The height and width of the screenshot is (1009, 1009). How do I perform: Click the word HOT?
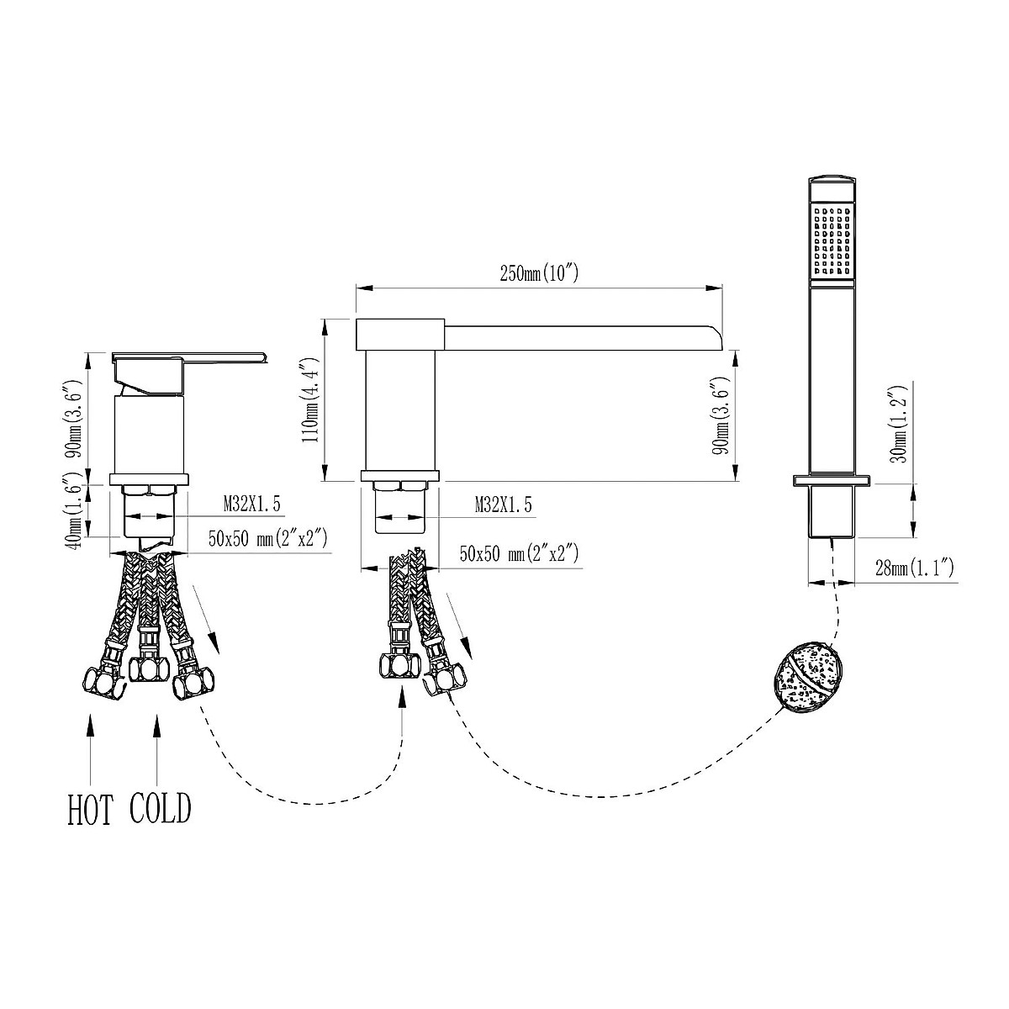pyautogui.click(x=90, y=824)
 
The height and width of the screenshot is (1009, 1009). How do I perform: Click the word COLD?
pyautogui.click(x=161, y=822)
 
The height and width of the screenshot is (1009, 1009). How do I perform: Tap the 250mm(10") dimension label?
pyautogui.click(x=539, y=272)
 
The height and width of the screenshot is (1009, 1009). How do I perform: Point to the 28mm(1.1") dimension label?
pyautogui.click(x=914, y=568)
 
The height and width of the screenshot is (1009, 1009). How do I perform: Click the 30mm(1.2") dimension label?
pyautogui.click(x=901, y=424)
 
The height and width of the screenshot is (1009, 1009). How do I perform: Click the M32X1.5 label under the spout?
pyautogui.click(x=503, y=504)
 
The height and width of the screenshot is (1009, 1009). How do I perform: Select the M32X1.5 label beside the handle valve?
pyautogui.click(x=252, y=504)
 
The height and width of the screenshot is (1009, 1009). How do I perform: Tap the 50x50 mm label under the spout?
pyautogui.click(x=519, y=553)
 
